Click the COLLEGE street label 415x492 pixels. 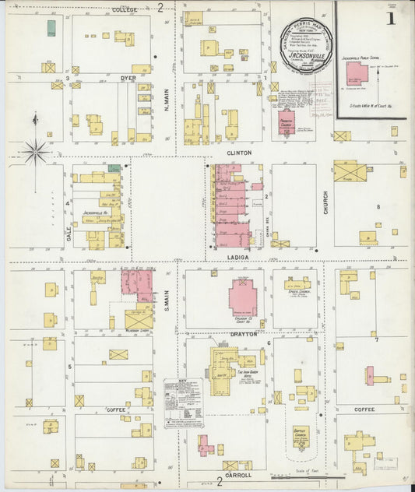tap(124, 9)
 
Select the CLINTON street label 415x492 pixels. tap(239, 153)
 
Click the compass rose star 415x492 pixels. tap(35, 150)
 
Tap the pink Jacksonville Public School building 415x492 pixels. tap(357, 76)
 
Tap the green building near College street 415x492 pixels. tap(51, 29)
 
